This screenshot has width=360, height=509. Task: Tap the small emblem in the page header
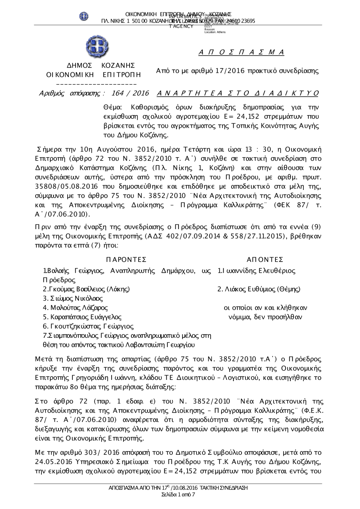[x=84, y=16]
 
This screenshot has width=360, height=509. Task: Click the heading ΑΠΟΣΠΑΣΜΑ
[x=241, y=53]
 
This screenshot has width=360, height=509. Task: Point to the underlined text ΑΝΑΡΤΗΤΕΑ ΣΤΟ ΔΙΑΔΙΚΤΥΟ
[x=238, y=94]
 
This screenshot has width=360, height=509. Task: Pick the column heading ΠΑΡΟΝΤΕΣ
[x=126, y=260]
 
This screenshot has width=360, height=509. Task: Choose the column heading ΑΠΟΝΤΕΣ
[x=265, y=260]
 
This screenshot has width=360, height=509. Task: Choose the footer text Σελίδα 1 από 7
[x=179, y=495]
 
